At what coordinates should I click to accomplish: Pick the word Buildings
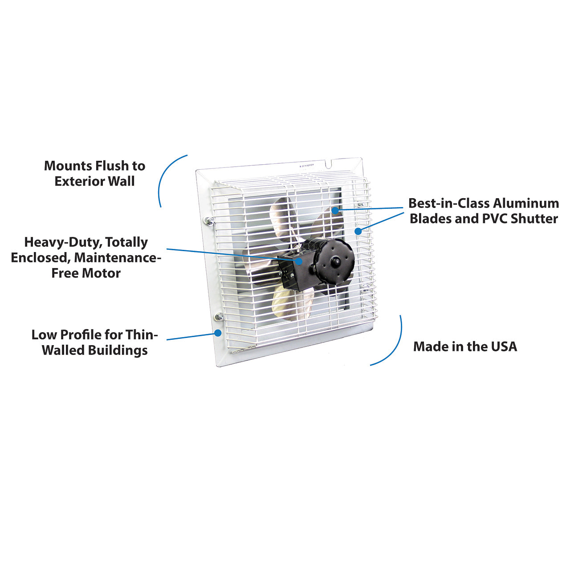pyautogui.click(x=119, y=350)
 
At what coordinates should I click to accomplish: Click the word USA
pyautogui.click(x=504, y=346)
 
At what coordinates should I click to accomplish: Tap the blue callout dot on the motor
pyautogui.click(x=300, y=261)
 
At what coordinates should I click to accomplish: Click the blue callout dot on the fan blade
pyautogui.click(x=335, y=209)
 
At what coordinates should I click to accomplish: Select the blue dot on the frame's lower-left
pyautogui.click(x=218, y=333)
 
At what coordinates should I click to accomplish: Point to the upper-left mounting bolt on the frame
pyautogui.click(x=209, y=220)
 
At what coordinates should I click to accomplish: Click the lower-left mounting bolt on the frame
pyautogui.click(x=219, y=317)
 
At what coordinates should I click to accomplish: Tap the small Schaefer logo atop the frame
pyautogui.click(x=307, y=165)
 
